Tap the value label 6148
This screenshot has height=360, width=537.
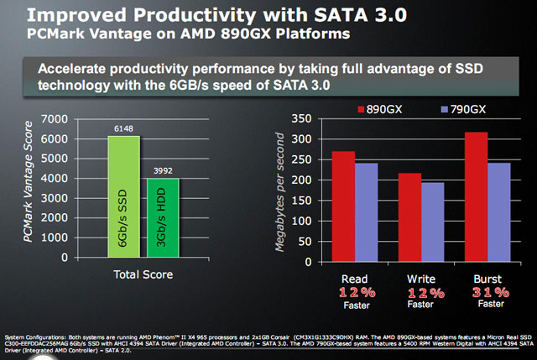[x=123, y=128]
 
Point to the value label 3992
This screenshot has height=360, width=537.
[x=163, y=170]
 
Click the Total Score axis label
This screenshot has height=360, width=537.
[x=143, y=274]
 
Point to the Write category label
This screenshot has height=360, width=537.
[x=420, y=277]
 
